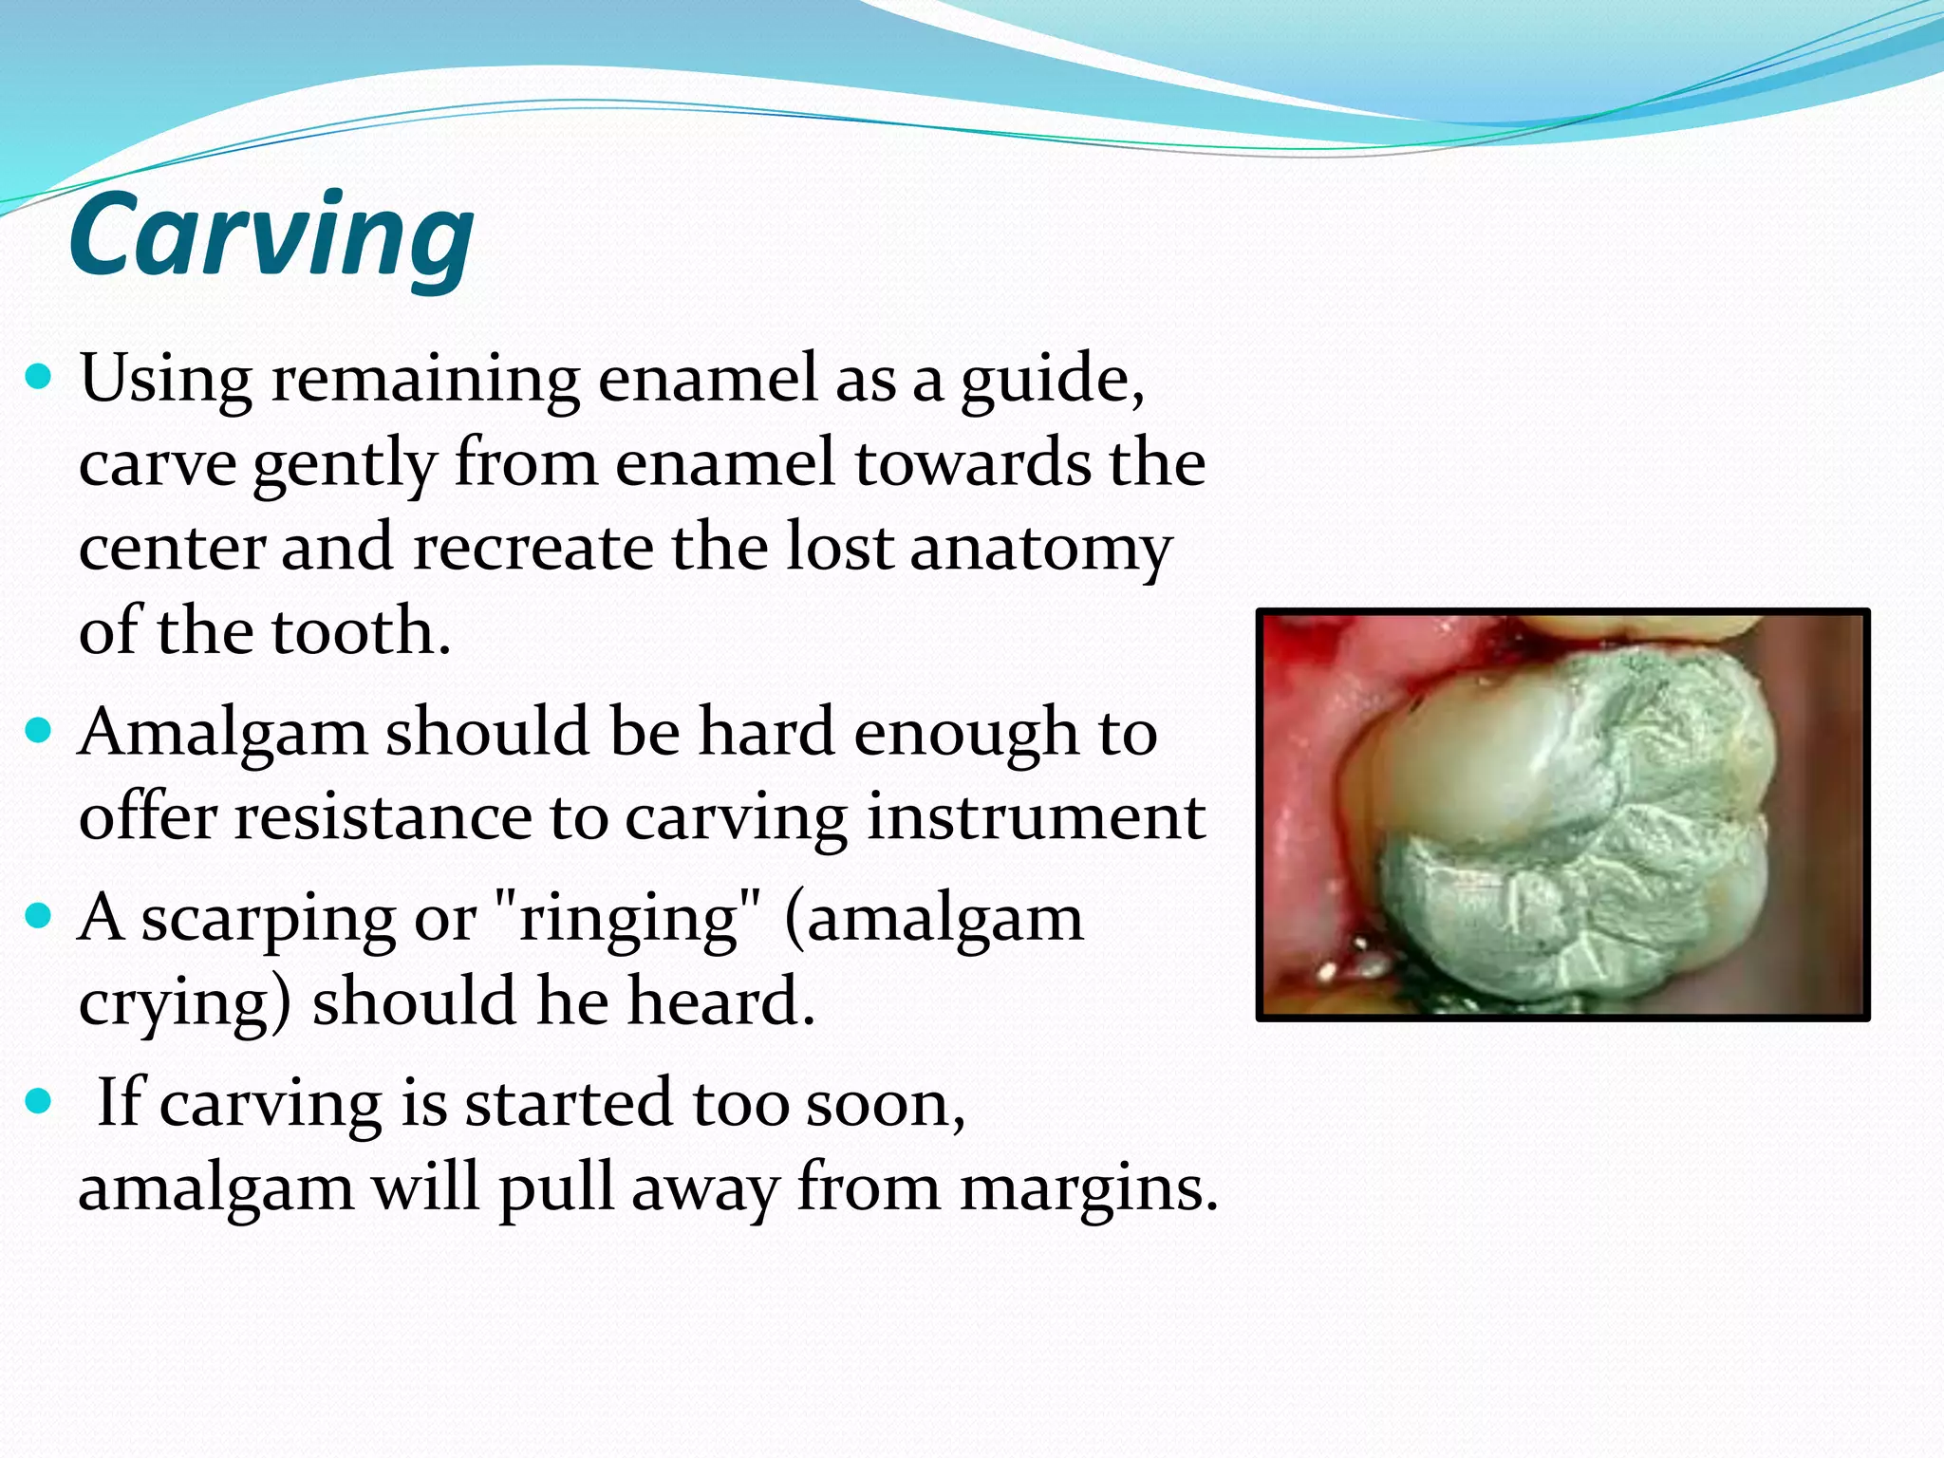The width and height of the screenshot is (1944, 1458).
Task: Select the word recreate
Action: [533, 548]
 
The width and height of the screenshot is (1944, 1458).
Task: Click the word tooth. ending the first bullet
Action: [361, 631]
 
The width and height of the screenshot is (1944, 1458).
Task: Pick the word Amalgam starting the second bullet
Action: [223, 735]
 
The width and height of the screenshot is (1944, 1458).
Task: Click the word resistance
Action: [383, 816]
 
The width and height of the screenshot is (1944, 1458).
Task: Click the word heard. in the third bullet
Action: [721, 1001]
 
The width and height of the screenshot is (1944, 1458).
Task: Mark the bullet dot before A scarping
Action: [38, 917]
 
